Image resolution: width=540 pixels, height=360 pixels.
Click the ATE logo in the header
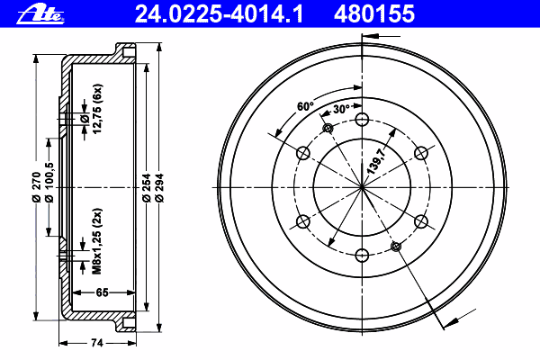tap(40, 15)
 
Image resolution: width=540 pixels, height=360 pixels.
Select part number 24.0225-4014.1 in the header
tap(219, 14)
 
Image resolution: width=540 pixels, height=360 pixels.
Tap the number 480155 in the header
tap(374, 14)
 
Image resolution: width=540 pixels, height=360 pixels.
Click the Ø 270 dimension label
tap(37, 187)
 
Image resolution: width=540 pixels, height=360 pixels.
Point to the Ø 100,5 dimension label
tap(49, 183)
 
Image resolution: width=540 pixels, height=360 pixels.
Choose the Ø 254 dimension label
tap(147, 188)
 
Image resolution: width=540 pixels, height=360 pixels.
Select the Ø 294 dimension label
tap(159, 188)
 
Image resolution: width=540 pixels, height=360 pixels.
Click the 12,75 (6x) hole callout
tap(97, 109)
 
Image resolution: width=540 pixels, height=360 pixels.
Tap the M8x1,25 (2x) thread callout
tap(97, 241)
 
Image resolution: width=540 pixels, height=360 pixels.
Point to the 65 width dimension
tap(103, 292)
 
